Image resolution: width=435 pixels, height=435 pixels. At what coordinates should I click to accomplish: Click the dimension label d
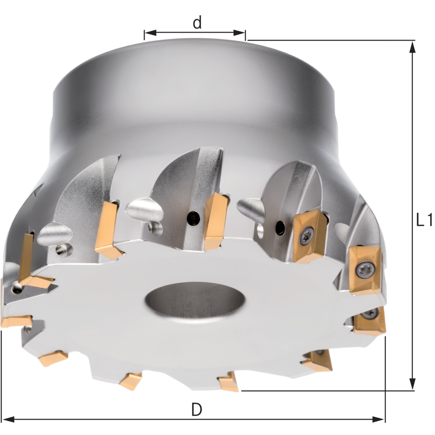coord(197,23)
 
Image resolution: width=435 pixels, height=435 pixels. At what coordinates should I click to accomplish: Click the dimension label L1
coord(424,220)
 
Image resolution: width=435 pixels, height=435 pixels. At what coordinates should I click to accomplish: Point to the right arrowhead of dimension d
coord(239,33)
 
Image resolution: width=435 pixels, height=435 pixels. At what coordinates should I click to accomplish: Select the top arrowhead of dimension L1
coord(413,47)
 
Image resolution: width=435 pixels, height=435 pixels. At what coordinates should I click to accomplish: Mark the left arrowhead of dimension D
coord(8,419)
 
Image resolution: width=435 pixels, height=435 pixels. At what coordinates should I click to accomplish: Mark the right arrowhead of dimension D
coord(379,419)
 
